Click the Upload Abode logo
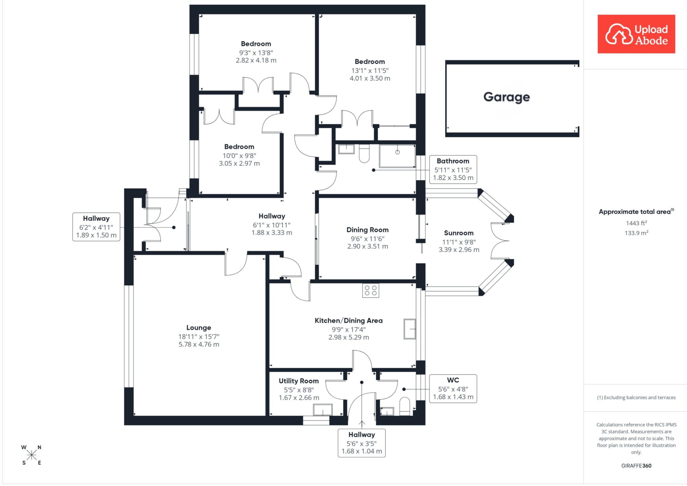[x=636, y=34]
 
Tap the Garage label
[x=507, y=97]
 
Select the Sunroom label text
[x=459, y=233]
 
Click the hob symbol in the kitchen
[x=371, y=290]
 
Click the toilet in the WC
[x=405, y=407]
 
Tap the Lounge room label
[x=199, y=328]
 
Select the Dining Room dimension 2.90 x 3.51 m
[x=368, y=246]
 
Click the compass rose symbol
[x=32, y=455]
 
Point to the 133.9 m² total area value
[x=636, y=232]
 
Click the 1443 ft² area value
[x=636, y=223]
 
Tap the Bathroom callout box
[x=453, y=169]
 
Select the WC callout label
[x=453, y=380]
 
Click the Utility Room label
[x=299, y=381]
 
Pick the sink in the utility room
[x=323, y=410]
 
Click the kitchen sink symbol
[x=410, y=329]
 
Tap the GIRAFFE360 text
[x=636, y=466]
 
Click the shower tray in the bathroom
[x=397, y=156]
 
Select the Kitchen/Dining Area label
[x=349, y=321]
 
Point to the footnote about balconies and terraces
[x=636, y=397]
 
